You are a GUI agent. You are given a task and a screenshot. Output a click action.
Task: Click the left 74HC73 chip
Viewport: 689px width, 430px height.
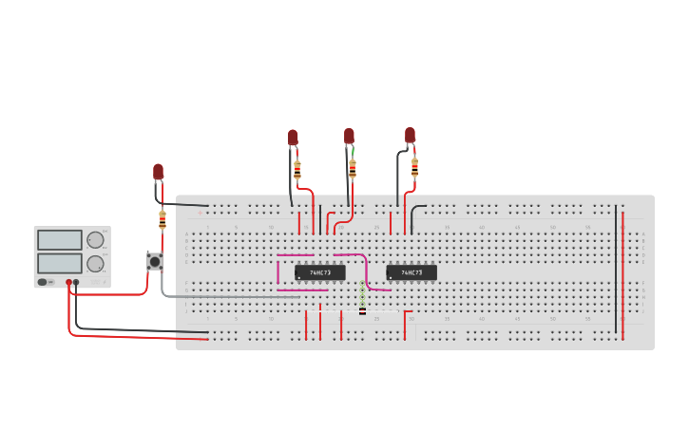coord(319,272)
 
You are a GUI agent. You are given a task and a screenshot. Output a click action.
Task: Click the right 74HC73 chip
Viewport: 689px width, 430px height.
coord(411,272)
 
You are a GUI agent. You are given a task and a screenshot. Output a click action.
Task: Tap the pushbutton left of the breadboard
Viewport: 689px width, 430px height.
coord(153,261)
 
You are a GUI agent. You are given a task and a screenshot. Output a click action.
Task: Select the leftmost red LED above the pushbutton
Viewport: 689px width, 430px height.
coord(159,172)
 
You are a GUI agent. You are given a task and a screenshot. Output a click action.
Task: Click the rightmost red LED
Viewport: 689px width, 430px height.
coord(410,135)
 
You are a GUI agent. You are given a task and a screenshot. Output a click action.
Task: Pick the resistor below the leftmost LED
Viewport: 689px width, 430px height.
coord(163,220)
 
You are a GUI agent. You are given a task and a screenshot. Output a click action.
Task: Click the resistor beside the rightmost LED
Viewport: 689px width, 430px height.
coord(414,167)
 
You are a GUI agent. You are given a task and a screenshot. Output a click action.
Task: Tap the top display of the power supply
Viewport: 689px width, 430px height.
coord(59,240)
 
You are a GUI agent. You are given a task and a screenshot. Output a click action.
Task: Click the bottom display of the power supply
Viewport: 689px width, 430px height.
coord(59,262)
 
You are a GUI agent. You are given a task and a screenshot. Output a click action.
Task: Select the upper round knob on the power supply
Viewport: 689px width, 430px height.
coord(96,240)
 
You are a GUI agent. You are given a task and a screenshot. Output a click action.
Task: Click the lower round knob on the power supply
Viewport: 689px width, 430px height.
coord(96,263)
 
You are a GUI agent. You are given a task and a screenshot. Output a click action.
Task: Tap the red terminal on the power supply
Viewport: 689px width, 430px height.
coord(68,282)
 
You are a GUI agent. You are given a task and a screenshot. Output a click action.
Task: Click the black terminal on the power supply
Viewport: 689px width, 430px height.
coord(77,282)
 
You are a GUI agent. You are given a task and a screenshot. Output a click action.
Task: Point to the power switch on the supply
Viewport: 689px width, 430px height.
coord(43,282)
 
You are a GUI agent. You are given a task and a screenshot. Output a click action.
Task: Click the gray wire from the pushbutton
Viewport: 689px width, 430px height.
coord(228,296)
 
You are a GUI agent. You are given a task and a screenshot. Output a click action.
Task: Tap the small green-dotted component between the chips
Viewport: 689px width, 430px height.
coord(362,302)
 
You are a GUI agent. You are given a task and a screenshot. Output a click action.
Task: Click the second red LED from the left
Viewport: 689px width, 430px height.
coord(293,138)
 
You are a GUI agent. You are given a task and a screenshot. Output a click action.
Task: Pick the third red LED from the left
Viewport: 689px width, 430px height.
coord(349,136)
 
